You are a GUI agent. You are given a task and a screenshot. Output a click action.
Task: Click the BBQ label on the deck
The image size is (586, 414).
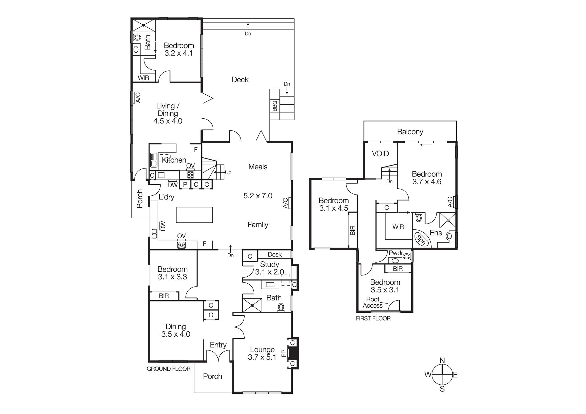[x=275, y=106]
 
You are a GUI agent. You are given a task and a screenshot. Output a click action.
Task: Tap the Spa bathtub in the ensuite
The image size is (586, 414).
[x=421, y=240]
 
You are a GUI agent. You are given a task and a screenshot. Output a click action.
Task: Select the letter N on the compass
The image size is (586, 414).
[x=442, y=361]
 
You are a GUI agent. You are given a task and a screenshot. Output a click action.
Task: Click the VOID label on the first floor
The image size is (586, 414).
[x=380, y=154]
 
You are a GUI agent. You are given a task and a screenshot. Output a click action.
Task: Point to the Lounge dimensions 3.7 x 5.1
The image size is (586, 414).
[x=262, y=357]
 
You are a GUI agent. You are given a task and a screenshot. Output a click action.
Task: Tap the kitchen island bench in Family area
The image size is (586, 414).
[x=194, y=215]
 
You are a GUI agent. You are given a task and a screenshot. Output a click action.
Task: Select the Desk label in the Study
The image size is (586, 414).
[x=275, y=255]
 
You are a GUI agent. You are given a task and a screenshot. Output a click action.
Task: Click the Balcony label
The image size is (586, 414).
[x=410, y=132]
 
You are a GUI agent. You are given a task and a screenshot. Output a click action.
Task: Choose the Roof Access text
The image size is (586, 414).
[x=373, y=302]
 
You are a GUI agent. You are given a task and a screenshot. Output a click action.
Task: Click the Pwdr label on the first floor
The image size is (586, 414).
[x=396, y=253]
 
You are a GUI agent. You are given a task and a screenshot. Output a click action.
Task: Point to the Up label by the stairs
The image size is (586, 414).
[x=228, y=173]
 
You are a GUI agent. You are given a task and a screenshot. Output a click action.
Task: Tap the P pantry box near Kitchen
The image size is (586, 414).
[x=185, y=185]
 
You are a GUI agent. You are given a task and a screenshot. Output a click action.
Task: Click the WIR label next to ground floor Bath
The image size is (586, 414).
[x=143, y=78]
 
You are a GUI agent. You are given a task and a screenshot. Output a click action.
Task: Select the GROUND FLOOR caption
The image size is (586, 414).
[x=168, y=369]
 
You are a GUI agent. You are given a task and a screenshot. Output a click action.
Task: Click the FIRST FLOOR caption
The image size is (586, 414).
[x=373, y=318]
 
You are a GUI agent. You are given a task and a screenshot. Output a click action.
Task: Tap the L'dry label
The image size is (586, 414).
[x=166, y=197]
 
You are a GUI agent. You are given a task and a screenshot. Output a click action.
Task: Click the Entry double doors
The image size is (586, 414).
[x=218, y=356]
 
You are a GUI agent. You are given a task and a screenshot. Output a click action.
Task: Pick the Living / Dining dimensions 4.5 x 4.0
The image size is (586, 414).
[x=168, y=121]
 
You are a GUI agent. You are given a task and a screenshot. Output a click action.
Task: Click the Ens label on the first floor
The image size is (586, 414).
[x=435, y=233]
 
